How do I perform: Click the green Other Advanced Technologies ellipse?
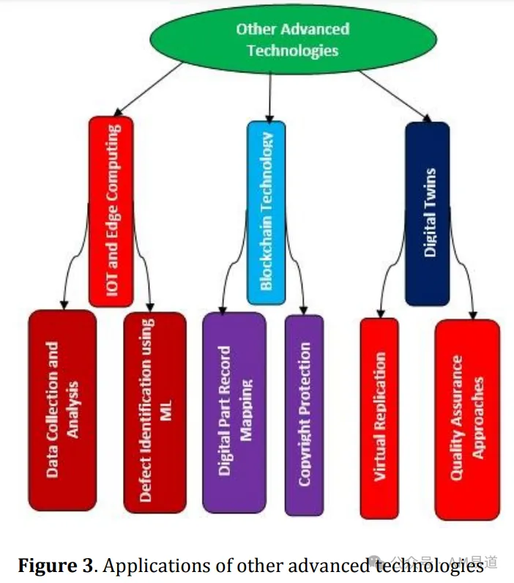[293, 40]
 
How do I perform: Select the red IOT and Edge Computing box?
[111, 211]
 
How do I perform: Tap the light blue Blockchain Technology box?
[266, 212]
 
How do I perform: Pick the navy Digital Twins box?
[428, 214]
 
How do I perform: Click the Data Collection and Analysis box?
[62, 409]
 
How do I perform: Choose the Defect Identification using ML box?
[155, 412]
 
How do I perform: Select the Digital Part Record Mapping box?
[234, 412]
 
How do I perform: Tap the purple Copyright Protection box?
[304, 415]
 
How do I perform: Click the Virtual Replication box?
[379, 418]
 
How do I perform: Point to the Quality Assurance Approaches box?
[467, 420]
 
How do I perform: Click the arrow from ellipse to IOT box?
[148, 89]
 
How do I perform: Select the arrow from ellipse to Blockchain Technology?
[270, 97]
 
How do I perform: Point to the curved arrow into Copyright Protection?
[295, 260]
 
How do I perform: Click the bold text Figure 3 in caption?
[55, 566]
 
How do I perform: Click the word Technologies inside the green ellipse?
[293, 51]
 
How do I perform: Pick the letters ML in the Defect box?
[165, 410]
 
